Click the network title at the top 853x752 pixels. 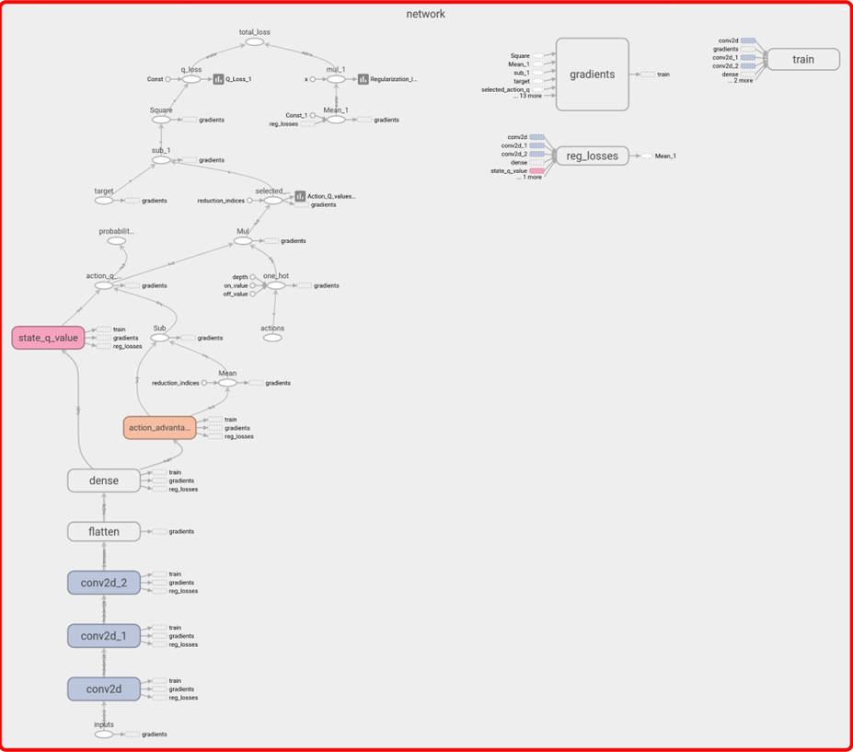coord(426,14)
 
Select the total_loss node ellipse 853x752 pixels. coord(255,42)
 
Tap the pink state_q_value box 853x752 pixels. coord(48,338)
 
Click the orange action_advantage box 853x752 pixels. coord(159,427)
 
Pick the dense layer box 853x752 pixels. coord(104,480)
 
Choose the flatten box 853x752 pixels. coord(104,531)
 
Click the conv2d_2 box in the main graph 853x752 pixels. coord(104,583)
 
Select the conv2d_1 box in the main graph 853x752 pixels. coord(104,636)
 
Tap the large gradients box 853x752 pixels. coord(592,75)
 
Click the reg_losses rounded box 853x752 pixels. coord(591,156)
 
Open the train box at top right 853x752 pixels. coord(802,60)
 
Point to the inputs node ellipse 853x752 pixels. coord(104,735)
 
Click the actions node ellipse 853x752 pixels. coord(272,338)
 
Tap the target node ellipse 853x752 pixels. coord(104,200)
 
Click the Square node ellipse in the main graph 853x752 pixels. coord(161,120)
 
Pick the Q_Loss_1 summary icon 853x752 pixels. coord(219,79)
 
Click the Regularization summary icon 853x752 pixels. coord(363,79)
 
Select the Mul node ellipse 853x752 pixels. coord(242,241)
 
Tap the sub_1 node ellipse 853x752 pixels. coord(161,160)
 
